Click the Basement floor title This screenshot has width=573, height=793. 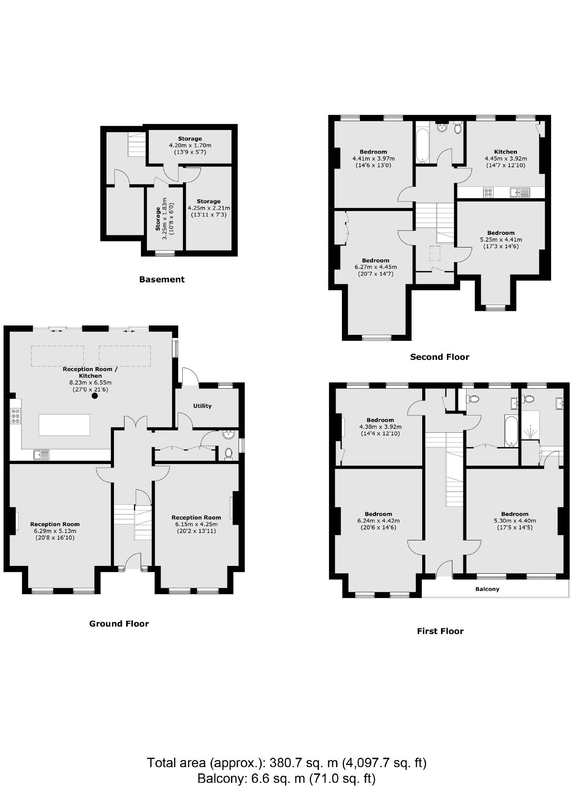coord(162,279)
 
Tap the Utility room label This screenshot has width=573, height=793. coord(202,406)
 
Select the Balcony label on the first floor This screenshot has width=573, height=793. coord(487,589)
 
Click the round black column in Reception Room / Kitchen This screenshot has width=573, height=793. coord(94,396)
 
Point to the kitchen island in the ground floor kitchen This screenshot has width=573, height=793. coord(64,424)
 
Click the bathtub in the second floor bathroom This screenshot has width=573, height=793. coord(421,145)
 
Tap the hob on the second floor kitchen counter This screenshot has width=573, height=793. coord(488,192)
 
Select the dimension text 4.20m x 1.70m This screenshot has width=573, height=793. coord(190,145)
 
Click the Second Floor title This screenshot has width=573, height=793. coord(439,357)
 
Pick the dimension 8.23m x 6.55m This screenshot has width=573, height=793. coord(90,383)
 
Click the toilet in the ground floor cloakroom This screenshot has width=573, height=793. coord(229,453)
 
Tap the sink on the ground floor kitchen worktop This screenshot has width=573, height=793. coord(42,455)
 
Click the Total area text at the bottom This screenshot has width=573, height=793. coord(286,763)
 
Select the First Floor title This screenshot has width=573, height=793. coord(440,631)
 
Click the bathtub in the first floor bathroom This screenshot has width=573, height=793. coord(511,431)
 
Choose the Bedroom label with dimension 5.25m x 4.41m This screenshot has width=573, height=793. coord(501,233)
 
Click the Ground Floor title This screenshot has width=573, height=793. coord(119,623)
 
